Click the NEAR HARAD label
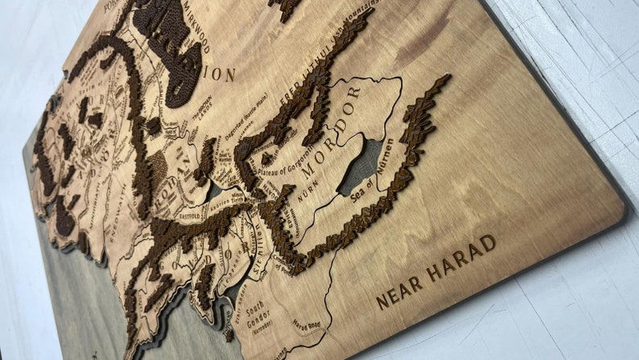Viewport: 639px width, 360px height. [435, 271]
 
